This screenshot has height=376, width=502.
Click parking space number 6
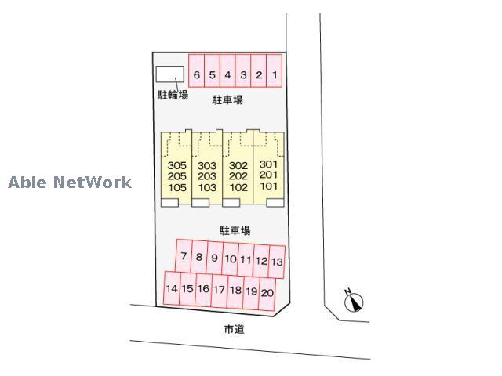[197, 75]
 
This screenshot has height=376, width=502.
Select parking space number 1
[275, 75]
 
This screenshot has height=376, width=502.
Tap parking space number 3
[243, 75]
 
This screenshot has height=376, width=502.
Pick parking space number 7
[184, 257]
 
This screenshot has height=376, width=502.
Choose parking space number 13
[277, 261]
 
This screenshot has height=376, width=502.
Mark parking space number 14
[172, 289]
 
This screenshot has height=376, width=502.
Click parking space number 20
[267, 292]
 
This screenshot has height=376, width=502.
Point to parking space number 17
[219, 290]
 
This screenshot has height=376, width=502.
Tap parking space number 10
[230, 258]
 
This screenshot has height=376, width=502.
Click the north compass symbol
[355, 301]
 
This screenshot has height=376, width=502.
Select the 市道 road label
[234, 330]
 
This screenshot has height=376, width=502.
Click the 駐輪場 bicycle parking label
[173, 96]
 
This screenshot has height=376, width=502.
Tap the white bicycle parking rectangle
[169, 74]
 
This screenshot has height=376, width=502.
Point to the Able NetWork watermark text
[70, 183]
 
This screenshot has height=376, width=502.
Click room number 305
[176, 166]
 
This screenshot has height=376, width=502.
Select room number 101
[269, 187]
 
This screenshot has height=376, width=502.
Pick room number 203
[207, 177]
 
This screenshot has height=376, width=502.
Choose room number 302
[238, 166]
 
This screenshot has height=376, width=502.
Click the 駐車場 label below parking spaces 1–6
[227, 100]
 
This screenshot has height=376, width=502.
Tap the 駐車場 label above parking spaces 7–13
[235, 230]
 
